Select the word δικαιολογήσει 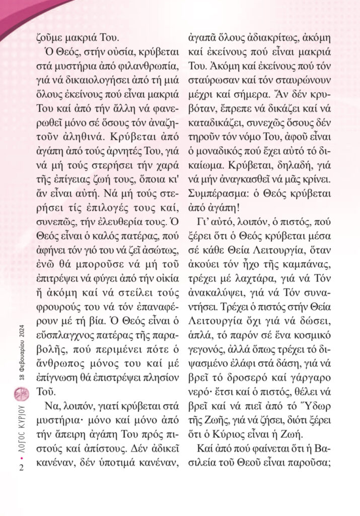pyautogui.click(x=85, y=80)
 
